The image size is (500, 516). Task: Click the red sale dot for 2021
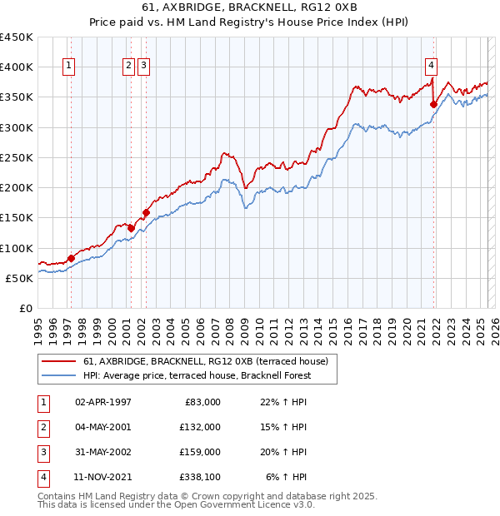click(x=433, y=104)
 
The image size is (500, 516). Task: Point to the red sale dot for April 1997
click(x=71, y=258)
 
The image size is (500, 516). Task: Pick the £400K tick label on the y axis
click(x=17, y=67)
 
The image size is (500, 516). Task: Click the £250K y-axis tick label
click(x=17, y=157)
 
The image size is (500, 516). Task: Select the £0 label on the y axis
click(x=25, y=308)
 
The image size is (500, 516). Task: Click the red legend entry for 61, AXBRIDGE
click(x=207, y=361)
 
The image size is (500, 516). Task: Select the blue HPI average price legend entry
click(x=197, y=375)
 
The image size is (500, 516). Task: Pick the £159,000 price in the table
click(x=199, y=452)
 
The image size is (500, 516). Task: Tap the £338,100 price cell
click(x=199, y=477)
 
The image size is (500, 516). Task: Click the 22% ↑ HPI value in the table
click(x=282, y=402)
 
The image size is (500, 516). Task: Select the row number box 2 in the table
click(x=42, y=427)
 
